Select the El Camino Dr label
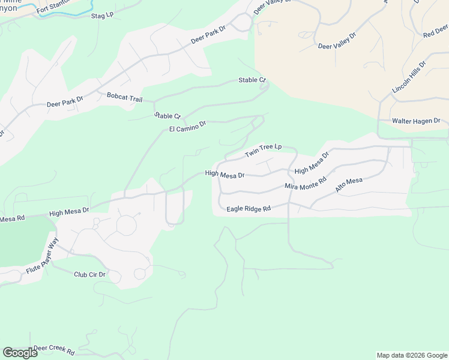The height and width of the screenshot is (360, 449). click(x=187, y=126)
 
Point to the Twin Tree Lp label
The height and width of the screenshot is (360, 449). click(x=263, y=151)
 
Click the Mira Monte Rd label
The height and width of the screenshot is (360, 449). click(x=305, y=183)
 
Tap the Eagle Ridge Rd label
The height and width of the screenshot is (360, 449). click(x=249, y=209)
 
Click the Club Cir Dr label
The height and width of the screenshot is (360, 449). click(x=89, y=275)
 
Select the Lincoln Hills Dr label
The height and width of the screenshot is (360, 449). click(x=409, y=77)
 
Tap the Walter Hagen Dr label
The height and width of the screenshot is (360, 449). click(x=416, y=121)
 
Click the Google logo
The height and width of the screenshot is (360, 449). click(x=19, y=353)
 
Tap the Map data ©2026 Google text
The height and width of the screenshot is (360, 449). click(x=411, y=355)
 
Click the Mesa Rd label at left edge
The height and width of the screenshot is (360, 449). click(x=11, y=219)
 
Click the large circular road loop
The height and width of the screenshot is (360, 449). click(x=126, y=225)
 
